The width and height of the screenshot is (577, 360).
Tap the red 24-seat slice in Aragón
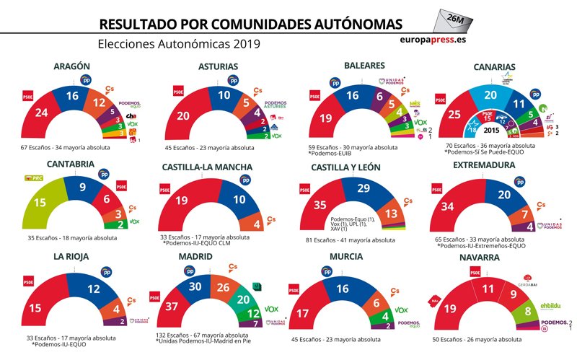tap(43, 112)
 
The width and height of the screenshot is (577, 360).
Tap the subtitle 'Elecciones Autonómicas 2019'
tap(179, 43)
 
